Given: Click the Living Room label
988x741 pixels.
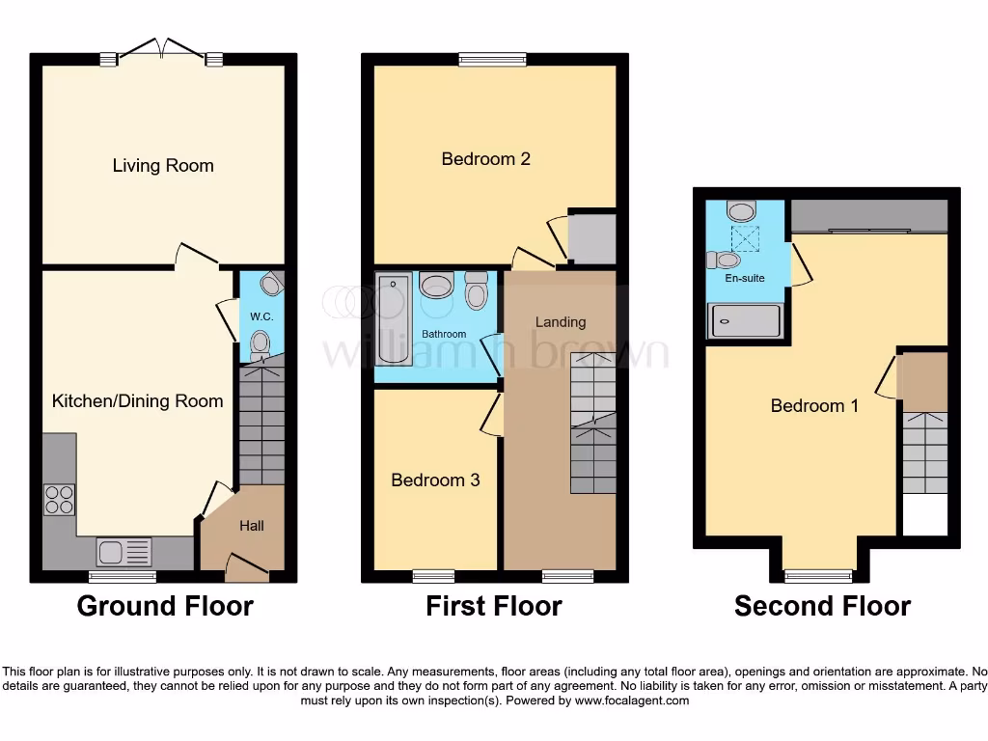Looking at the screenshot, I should coord(163,165).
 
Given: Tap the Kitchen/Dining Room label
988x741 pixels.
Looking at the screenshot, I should coord(137,400).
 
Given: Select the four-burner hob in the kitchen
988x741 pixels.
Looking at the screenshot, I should coord(59,499).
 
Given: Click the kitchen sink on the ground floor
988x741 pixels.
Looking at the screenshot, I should coord(123,552).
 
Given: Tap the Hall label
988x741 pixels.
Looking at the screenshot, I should coord(251,526).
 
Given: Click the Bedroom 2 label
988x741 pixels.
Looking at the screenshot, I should coord(485,158).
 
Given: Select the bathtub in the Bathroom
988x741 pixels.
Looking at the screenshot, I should coord(394,318).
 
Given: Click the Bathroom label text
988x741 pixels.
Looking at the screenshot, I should coord(444,334).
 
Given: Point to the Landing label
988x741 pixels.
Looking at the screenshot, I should coord(561,321).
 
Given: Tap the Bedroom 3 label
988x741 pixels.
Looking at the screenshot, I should coord(435,480).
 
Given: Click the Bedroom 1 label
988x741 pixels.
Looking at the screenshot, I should coord(814,405).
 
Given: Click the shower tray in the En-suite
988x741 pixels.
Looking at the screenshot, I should coord(745,320).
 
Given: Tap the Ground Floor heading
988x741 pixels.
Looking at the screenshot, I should coord(165,606).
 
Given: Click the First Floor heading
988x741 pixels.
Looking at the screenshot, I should coord(494,606).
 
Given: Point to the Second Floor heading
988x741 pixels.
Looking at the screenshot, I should coord(822,606).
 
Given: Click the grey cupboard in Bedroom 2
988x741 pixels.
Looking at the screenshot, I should coord(591,238).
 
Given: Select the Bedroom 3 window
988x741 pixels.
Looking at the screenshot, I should coord(433,577).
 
